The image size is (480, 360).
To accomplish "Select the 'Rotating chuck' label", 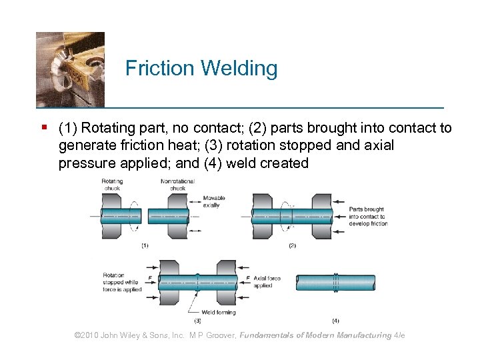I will pos(112,185).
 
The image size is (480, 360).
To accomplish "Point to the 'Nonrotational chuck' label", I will pos(177,185).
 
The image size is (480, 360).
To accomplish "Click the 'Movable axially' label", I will pos(214,201).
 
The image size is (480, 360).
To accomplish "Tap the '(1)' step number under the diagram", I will pos(145,246).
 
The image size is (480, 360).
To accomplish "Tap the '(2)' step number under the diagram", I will pos(292,246).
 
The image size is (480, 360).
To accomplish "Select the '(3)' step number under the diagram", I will pos(197,321).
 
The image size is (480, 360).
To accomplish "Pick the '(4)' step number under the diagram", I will pos(335,321).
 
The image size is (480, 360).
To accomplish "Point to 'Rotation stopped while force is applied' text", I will pos(121,282).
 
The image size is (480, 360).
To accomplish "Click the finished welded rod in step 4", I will pos(335,283).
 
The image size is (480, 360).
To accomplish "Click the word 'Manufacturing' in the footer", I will pos(364,335).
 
